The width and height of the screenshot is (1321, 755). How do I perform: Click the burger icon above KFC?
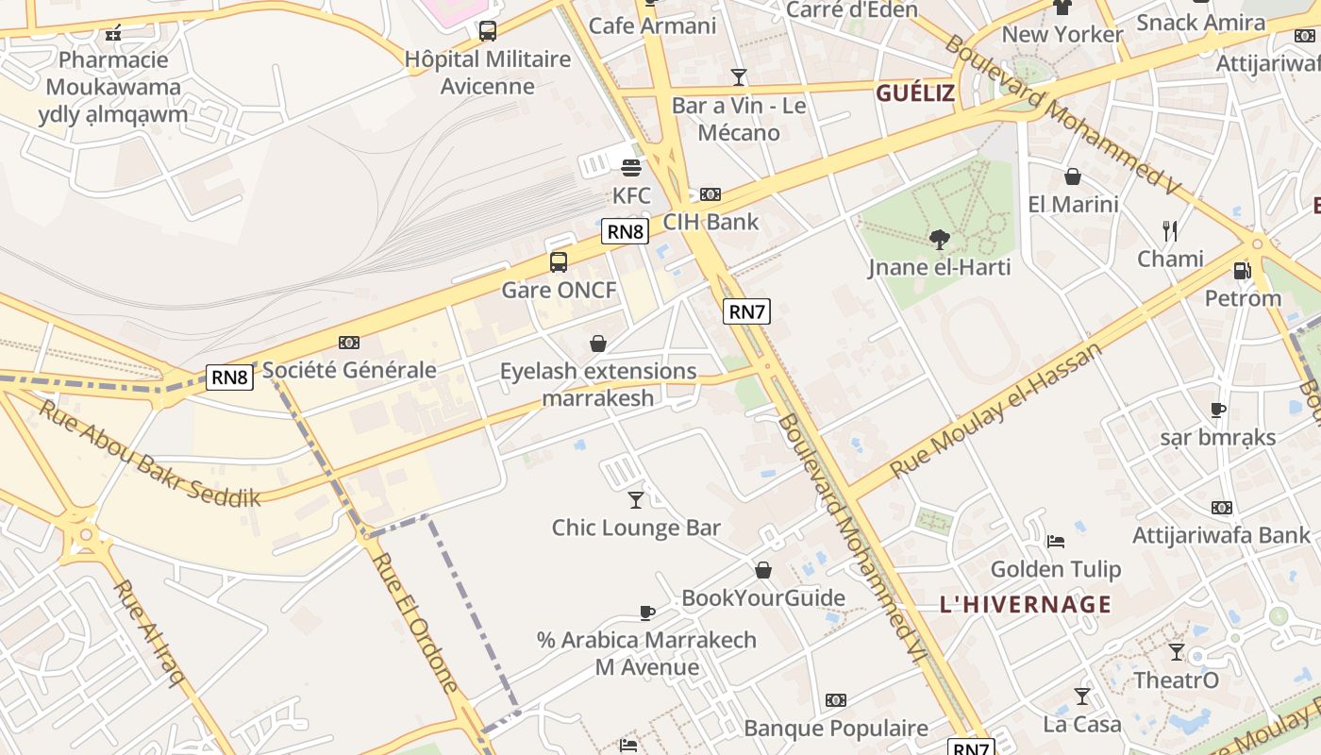click(x=631, y=168)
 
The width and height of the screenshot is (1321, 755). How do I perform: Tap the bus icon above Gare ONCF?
click(x=559, y=262)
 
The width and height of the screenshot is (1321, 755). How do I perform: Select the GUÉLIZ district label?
click(x=915, y=93)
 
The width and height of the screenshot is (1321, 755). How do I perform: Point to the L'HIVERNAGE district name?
click(x=1026, y=604)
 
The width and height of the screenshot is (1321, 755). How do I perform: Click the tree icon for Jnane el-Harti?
click(x=939, y=240)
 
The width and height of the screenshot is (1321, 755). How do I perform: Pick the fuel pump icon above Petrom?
click(x=1243, y=272)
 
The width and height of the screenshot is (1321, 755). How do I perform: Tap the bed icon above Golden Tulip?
click(x=1056, y=542)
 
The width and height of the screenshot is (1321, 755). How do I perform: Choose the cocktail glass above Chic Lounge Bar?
click(x=636, y=499)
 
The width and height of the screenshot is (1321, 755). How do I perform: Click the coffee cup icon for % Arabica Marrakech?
click(x=646, y=612)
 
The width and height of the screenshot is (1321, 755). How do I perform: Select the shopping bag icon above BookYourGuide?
click(x=763, y=570)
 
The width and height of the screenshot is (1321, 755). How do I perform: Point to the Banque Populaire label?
click(x=836, y=728)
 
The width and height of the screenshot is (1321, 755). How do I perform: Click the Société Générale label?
click(x=349, y=370)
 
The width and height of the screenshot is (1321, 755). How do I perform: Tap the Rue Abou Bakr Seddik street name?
click(x=149, y=453)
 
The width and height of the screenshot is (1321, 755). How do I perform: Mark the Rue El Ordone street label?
click(x=415, y=622)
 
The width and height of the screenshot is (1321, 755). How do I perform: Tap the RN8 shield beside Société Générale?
click(x=230, y=377)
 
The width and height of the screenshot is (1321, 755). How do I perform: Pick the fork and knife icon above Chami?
click(x=1170, y=230)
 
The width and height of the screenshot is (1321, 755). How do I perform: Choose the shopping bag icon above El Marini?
click(x=1073, y=176)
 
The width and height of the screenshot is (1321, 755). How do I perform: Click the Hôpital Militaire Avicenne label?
click(x=488, y=72)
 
